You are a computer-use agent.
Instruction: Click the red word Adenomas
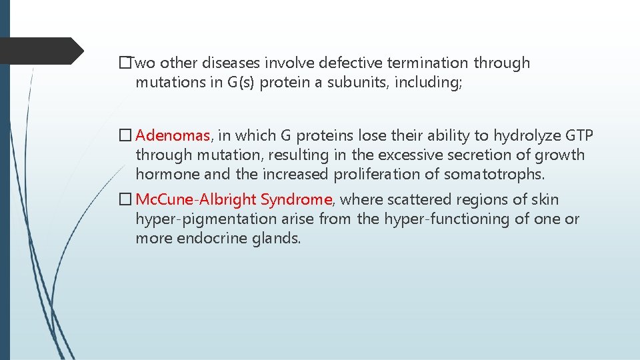pyautogui.click(x=173, y=136)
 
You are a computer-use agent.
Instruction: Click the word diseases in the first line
pyautogui.click(x=228, y=63)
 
